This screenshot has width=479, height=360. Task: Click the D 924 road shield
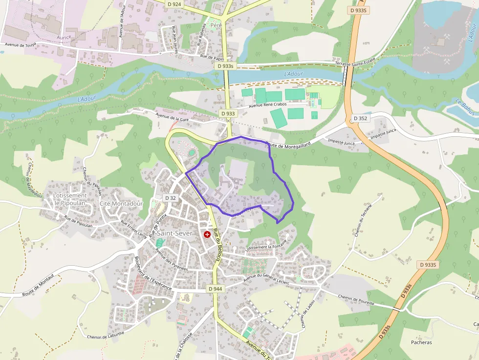point(174,4)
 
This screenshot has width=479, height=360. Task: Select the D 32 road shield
point(170,198)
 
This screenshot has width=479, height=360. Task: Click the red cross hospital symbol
point(207,234)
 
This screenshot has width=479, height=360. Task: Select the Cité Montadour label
point(121,204)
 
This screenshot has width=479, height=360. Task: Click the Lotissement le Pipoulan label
point(70,199)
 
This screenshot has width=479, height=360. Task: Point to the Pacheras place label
point(421,342)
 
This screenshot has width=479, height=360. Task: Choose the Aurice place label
point(64,37)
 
